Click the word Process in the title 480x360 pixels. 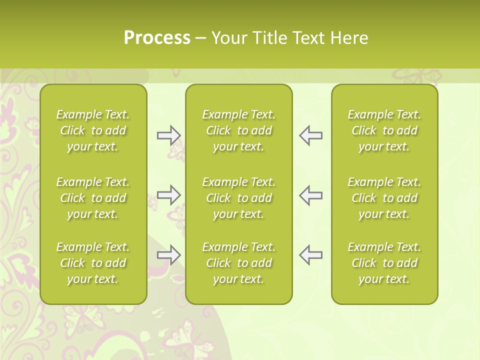(x=157, y=38)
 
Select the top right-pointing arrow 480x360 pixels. (x=169, y=135)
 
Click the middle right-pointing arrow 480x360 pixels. (x=169, y=195)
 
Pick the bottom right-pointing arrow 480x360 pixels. (x=169, y=255)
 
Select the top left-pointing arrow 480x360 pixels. (x=310, y=135)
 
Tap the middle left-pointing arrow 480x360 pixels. (x=310, y=195)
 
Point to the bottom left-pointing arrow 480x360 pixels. (x=310, y=255)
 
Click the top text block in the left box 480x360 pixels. (x=93, y=130)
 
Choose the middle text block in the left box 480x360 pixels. (x=93, y=198)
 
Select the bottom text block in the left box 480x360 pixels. (x=93, y=263)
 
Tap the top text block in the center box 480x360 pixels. (x=239, y=130)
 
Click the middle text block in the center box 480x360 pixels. (x=239, y=198)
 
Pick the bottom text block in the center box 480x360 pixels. (x=239, y=263)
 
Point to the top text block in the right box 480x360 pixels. (x=384, y=130)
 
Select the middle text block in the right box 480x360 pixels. (x=384, y=198)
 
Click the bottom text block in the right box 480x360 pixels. (x=384, y=263)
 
